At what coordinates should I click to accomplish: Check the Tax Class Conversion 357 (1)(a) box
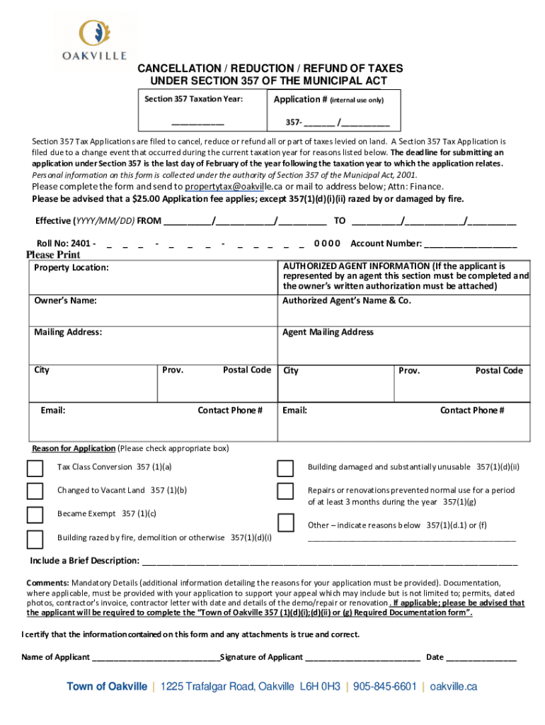click(x=35, y=469)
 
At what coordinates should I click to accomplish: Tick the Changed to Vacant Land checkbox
click(x=35, y=491)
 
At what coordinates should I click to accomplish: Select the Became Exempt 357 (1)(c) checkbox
click(x=35, y=515)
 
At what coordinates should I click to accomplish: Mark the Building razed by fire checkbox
click(x=35, y=540)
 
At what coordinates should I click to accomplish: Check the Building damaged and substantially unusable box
click(x=285, y=469)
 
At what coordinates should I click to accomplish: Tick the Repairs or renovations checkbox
click(x=285, y=491)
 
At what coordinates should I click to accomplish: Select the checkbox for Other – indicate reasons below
click(x=285, y=523)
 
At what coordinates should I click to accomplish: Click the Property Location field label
click(x=71, y=268)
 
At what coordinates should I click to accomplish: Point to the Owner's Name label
click(x=65, y=301)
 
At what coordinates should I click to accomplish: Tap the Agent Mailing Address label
click(x=328, y=332)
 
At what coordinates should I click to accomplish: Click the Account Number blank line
click(x=470, y=244)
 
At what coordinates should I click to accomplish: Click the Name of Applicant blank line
click(x=156, y=658)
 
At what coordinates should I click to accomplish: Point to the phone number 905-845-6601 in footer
click(x=385, y=687)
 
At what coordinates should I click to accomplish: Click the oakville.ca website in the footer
click(x=454, y=687)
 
